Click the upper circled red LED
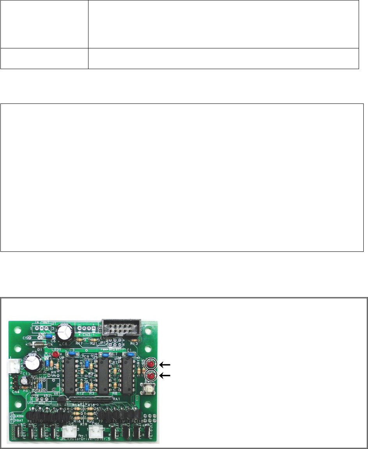(150, 364)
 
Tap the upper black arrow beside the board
(166, 364)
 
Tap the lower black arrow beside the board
(166, 376)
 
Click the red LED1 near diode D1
(56, 355)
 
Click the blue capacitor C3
(71, 353)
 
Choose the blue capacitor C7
(104, 354)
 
